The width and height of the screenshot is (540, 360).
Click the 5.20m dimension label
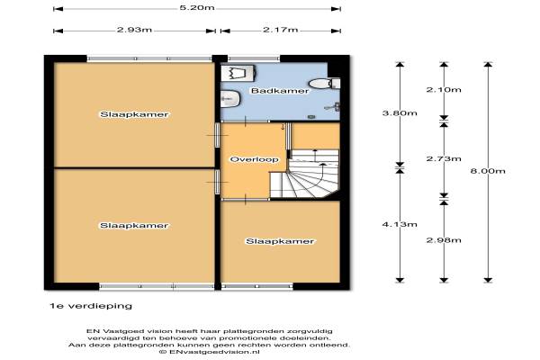click(x=196, y=7)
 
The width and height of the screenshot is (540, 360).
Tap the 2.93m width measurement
click(x=134, y=30)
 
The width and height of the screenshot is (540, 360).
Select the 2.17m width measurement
click(x=280, y=30)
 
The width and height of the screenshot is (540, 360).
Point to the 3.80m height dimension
click(x=400, y=113)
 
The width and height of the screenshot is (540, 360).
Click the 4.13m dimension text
click(x=400, y=225)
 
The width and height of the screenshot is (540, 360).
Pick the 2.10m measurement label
click(x=444, y=90)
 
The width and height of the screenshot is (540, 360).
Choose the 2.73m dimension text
click(x=444, y=158)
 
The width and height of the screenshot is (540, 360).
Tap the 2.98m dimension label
click(x=444, y=240)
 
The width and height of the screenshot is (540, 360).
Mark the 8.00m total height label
click(x=488, y=171)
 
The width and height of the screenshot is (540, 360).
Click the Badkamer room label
click(x=280, y=91)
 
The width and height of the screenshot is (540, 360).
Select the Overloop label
click(x=254, y=159)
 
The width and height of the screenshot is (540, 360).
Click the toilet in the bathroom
click(x=324, y=84)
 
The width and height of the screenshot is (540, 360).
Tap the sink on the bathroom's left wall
click(x=229, y=99)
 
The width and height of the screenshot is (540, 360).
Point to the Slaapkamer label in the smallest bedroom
click(x=280, y=241)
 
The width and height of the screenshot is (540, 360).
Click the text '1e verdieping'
click(x=91, y=306)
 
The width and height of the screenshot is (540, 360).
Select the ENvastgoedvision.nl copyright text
click(x=209, y=352)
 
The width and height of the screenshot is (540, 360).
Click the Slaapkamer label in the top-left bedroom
click(x=134, y=114)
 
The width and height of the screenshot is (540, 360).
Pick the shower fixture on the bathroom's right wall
click(x=333, y=107)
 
